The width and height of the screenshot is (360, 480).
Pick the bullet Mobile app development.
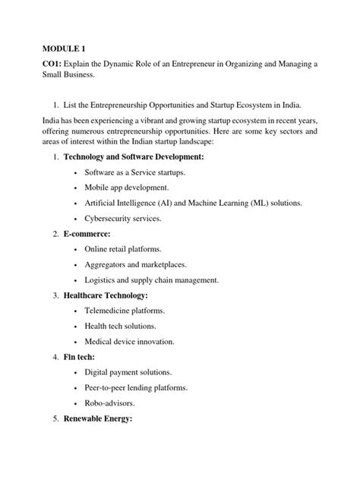(137, 188)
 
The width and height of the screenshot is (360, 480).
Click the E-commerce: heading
(87, 234)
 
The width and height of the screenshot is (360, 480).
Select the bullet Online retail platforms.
(134, 249)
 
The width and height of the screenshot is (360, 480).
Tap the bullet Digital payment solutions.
(139, 372)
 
